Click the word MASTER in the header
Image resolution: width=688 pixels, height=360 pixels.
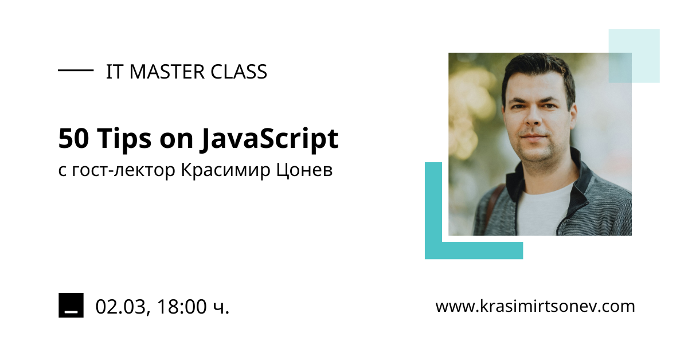167,72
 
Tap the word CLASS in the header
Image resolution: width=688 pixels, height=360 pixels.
239,72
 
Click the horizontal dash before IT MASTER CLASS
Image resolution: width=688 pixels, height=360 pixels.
76,71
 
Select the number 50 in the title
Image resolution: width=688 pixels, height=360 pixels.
74,139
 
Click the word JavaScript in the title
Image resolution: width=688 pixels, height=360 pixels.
269,139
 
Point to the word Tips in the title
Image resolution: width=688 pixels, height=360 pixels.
124,140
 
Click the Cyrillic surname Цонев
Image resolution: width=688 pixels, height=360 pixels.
304,170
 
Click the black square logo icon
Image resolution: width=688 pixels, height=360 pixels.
71,305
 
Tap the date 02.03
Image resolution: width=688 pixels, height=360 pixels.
120,307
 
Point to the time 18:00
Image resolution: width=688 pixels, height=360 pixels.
182,307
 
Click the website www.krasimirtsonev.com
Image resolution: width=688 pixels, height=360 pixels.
535,306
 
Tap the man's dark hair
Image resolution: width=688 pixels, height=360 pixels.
538,70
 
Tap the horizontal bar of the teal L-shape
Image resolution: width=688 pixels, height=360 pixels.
474,251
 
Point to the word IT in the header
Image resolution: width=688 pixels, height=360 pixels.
114,72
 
